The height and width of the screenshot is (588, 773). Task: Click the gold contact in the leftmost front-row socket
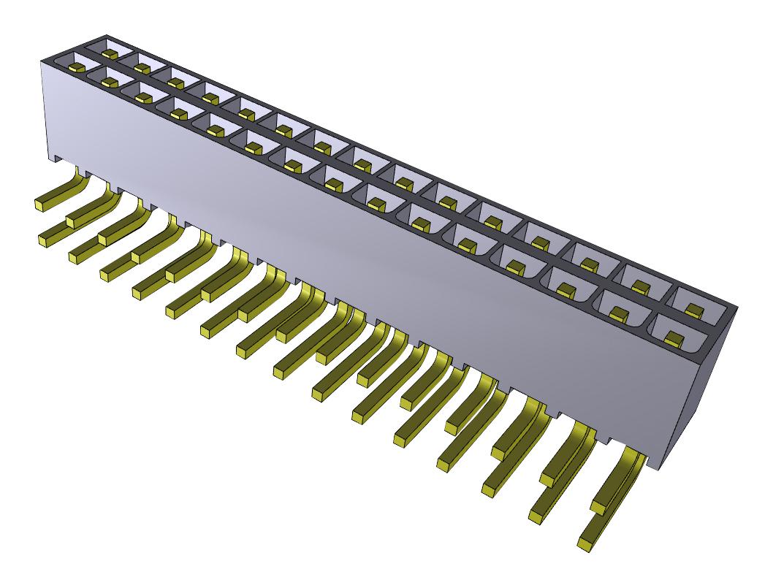(75, 67)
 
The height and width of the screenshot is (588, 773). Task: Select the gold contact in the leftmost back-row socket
(110, 53)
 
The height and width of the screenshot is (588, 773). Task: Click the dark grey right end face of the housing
(701, 394)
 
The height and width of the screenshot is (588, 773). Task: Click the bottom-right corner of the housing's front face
(660, 468)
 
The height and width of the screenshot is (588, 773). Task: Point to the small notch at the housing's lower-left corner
(54, 157)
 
